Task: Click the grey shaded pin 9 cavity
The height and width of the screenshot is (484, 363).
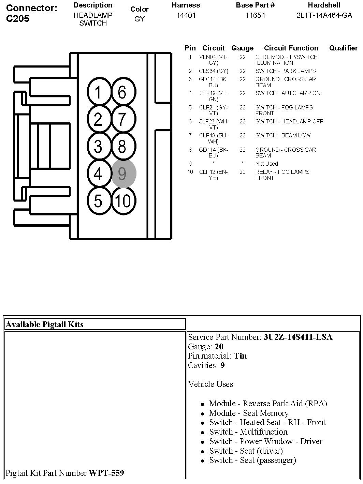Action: coord(124,174)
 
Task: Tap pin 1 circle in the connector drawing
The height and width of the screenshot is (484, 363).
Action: coord(98,92)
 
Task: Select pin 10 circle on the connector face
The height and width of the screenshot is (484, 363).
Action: coord(123,201)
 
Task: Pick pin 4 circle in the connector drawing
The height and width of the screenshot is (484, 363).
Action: coord(98,174)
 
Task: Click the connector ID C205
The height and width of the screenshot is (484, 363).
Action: coord(18,19)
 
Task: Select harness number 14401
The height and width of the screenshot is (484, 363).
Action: coord(186,15)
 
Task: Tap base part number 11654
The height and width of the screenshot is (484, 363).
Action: coord(255,15)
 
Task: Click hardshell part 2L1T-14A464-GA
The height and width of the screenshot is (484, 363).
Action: coord(324,15)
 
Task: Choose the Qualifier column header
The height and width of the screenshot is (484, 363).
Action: coord(343,48)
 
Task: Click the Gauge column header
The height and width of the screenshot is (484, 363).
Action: coord(242,48)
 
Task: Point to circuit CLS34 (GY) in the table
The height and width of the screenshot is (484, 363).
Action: coord(214,71)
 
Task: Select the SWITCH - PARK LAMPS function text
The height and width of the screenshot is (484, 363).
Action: coord(286,71)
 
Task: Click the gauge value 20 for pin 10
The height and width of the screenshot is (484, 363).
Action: coord(242,172)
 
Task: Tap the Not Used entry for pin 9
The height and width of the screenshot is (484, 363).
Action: coord(266,164)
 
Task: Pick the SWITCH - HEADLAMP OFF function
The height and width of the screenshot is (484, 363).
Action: coord(289,121)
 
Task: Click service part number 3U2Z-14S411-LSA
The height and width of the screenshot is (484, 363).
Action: coord(298,337)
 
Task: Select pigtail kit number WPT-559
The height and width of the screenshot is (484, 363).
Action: coord(106,473)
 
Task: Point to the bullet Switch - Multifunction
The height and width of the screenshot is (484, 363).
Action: coord(248,432)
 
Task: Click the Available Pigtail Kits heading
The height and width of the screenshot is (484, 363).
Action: coord(44,324)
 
